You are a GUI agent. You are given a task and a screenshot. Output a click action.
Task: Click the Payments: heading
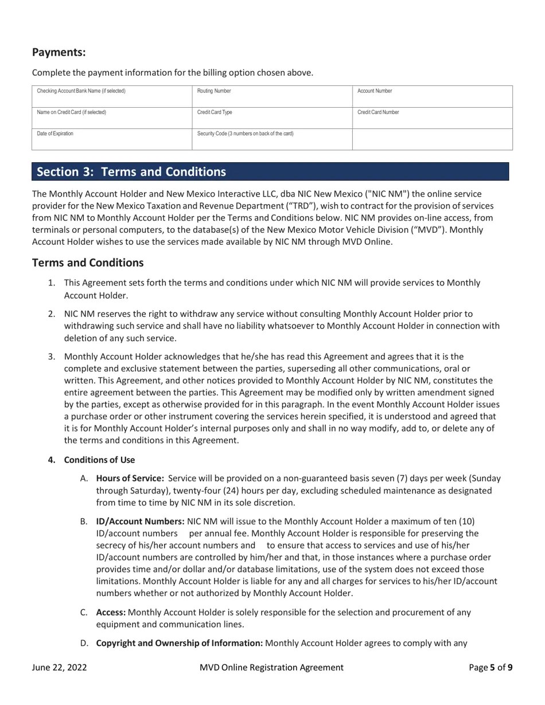[x=59, y=52]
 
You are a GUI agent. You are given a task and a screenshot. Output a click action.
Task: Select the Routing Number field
[x=272, y=96]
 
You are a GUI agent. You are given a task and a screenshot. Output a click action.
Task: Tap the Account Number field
[x=432, y=96]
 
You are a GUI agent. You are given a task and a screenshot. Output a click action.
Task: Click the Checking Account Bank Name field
[x=112, y=96]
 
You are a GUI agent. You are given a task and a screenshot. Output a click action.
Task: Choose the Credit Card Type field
[x=272, y=117]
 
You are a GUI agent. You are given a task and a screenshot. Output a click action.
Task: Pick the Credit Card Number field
[x=432, y=117]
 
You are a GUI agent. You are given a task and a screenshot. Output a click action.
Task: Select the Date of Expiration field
[x=112, y=139]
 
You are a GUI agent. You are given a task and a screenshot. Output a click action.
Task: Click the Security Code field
[x=272, y=139]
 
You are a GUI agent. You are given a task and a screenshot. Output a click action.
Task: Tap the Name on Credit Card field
[x=112, y=117]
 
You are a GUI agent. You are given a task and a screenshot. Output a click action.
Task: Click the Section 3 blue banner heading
[x=131, y=172]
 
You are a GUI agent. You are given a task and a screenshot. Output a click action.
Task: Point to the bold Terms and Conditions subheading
[x=88, y=263]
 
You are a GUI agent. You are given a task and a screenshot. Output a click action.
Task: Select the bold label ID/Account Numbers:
[x=140, y=521]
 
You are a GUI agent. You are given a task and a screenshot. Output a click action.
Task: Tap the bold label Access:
[x=111, y=612]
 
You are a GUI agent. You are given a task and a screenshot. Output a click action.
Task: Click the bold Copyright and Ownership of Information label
[x=179, y=643]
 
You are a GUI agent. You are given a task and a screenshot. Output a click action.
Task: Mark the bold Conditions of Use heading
[x=99, y=460]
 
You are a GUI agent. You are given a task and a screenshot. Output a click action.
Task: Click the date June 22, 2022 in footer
[x=60, y=667]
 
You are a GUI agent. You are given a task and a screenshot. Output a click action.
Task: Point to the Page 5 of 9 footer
[x=490, y=667]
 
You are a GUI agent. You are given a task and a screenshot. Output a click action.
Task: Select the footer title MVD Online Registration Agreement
[x=271, y=667]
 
